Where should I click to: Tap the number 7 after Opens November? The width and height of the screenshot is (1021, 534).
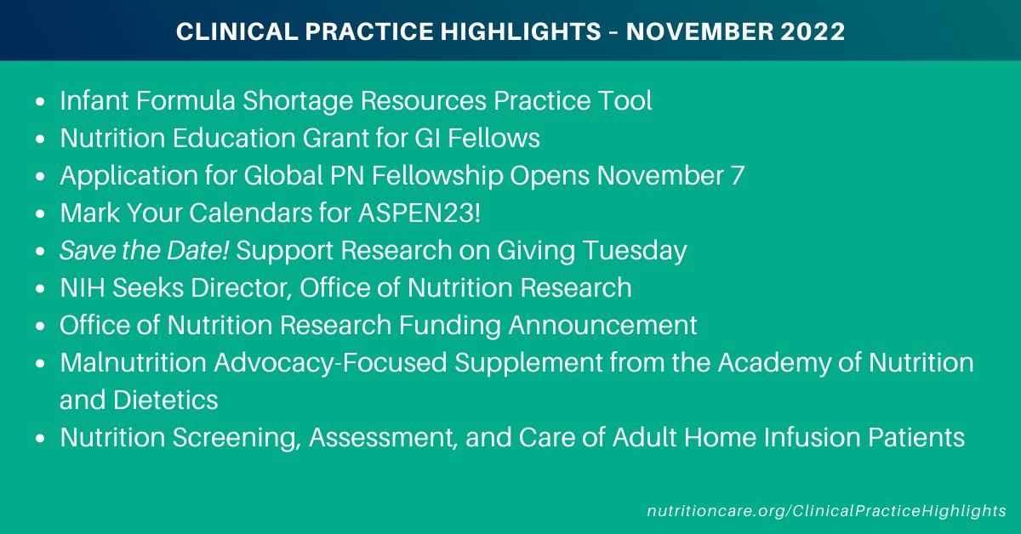click(738, 176)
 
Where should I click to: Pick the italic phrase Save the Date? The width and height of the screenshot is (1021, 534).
click(127, 251)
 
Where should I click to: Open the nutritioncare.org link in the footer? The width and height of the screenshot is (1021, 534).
click(824, 511)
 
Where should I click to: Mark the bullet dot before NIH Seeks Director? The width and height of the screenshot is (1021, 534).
click(42, 289)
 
